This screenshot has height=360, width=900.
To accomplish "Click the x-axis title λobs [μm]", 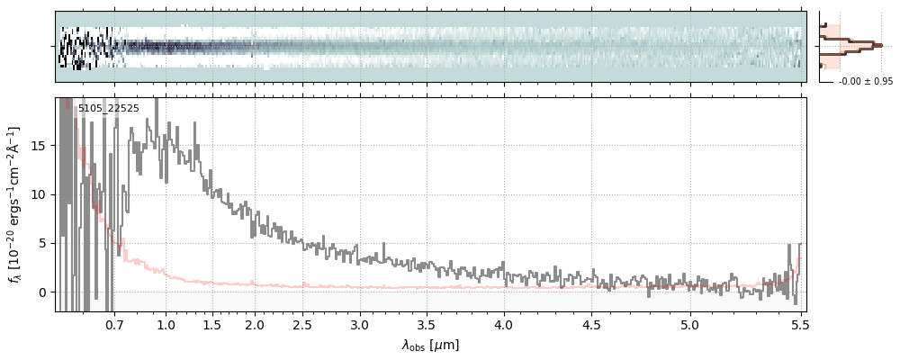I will [x=430, y=345].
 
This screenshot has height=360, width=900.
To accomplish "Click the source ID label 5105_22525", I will [x=108, y=108].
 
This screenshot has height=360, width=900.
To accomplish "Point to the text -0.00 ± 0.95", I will [x=865, y=82].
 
